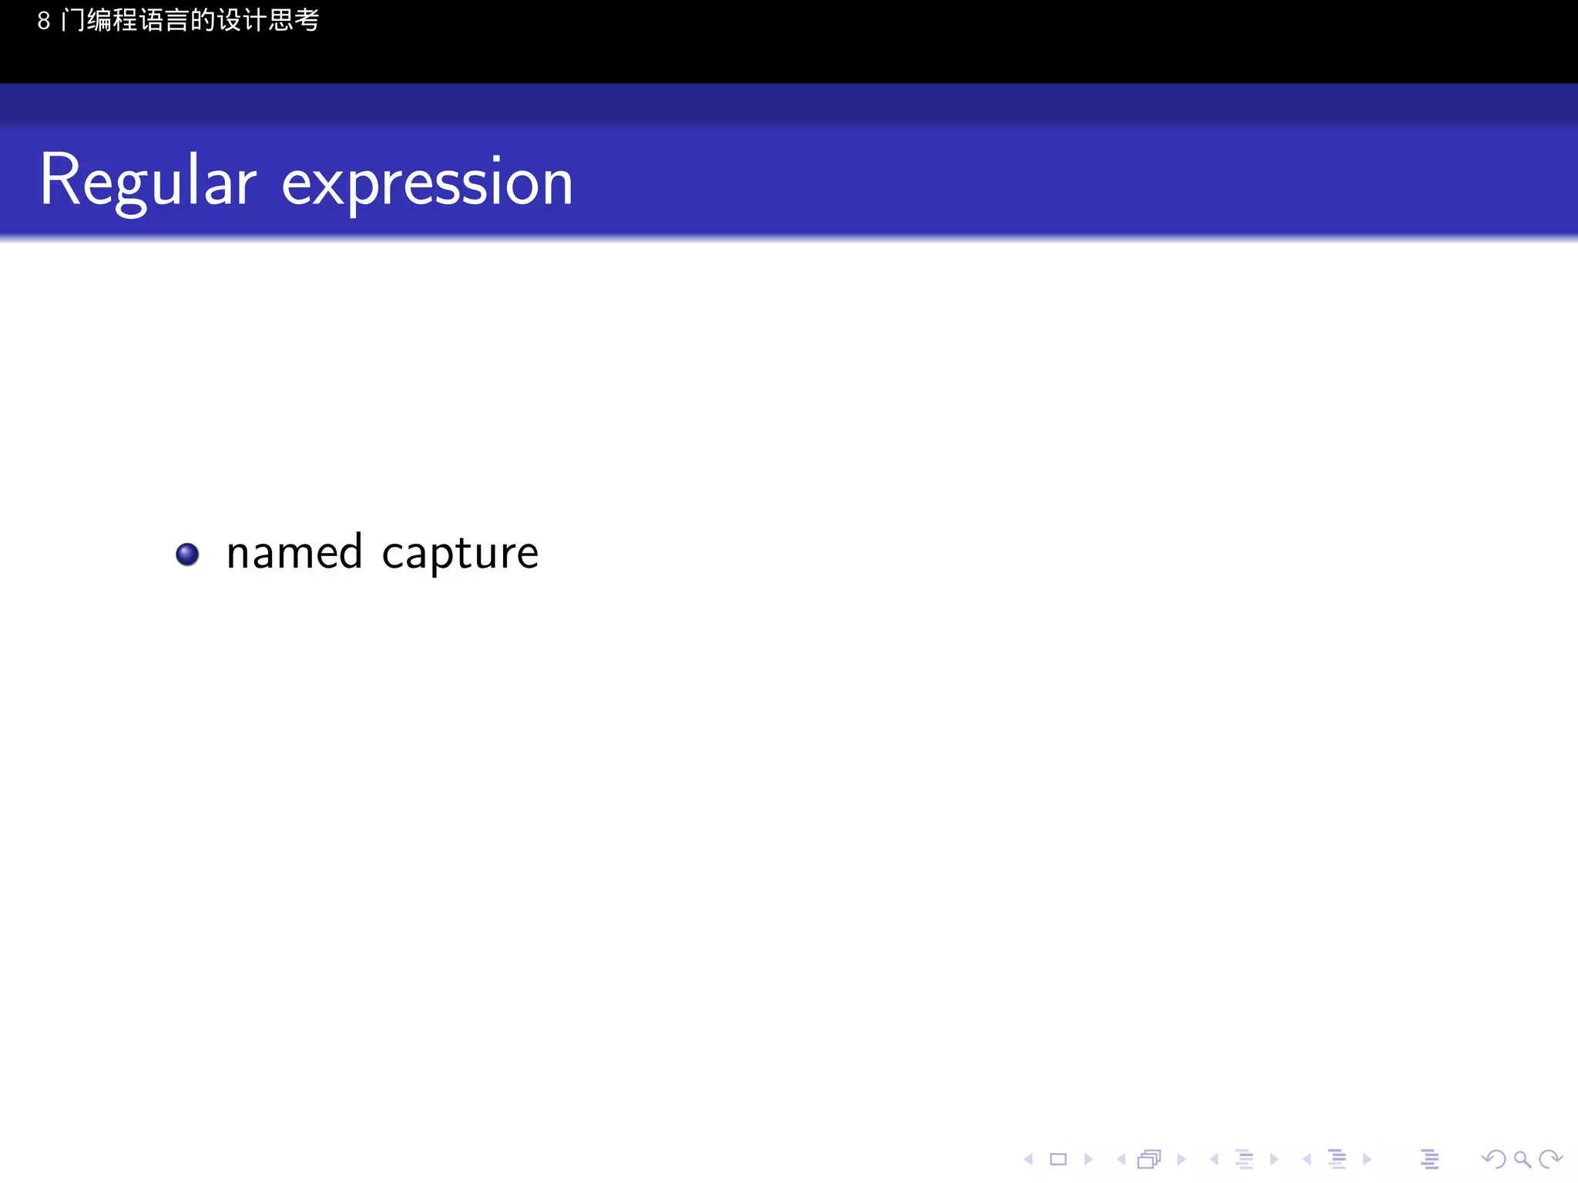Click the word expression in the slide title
pos(428,183)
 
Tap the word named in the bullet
pos(294,552)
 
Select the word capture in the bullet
pos(460,554)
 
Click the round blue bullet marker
pos(187,554)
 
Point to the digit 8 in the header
pos(44,21)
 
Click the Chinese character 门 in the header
pos(73,20)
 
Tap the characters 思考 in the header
pos(294,20)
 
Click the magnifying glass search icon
pos(1522,1159)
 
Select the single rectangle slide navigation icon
pos(1059,1159)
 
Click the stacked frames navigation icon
pos(1149,1159)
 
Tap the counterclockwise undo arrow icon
pos(1493,1159)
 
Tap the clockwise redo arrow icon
pos(1550,1159)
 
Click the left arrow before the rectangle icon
pos(1028,1159)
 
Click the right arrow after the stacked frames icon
pos(1181,1159)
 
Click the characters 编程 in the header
pos(112,20)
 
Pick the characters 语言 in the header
pos(164,20)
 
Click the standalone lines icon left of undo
pos(1430,1159)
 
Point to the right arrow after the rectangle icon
pos(1089,1159)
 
